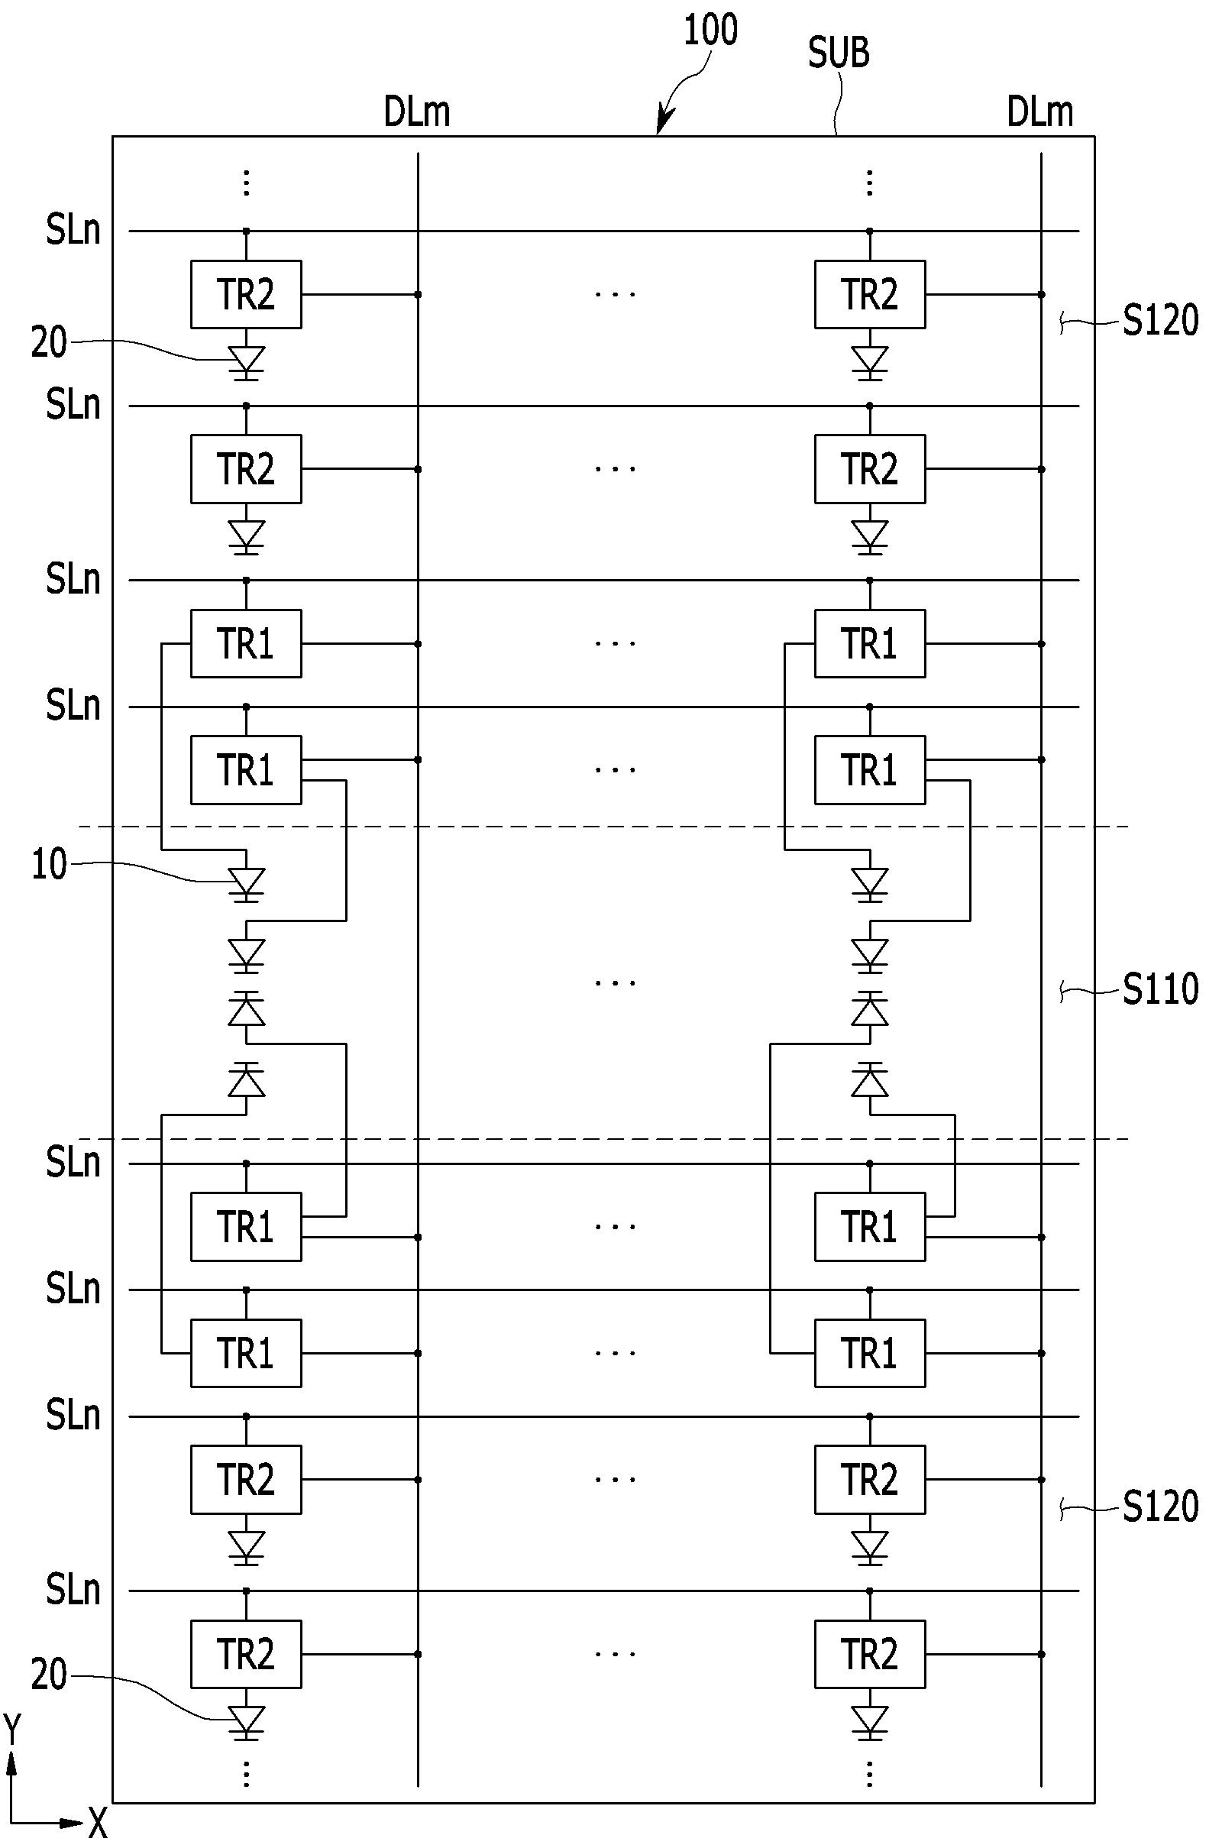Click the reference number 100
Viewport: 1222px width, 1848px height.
(711, 31)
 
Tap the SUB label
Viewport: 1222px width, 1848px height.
(839, 53)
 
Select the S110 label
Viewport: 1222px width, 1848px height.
(1159, 989)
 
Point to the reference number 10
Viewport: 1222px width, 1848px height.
(48, 864)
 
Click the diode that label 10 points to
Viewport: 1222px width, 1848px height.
(246, 884)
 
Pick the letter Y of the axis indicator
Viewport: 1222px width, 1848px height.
(12, 1727)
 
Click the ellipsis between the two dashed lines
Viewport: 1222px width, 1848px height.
(615, 983)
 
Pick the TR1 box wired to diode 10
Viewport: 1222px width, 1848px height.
(246, 644)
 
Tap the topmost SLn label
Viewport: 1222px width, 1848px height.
(73, 231)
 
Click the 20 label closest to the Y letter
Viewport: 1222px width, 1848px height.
(48, 1673)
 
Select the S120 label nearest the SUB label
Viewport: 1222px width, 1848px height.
(1159, 320)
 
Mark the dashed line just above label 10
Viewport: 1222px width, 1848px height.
(603, 826)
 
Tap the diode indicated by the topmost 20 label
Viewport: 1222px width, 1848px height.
(246, 362)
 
